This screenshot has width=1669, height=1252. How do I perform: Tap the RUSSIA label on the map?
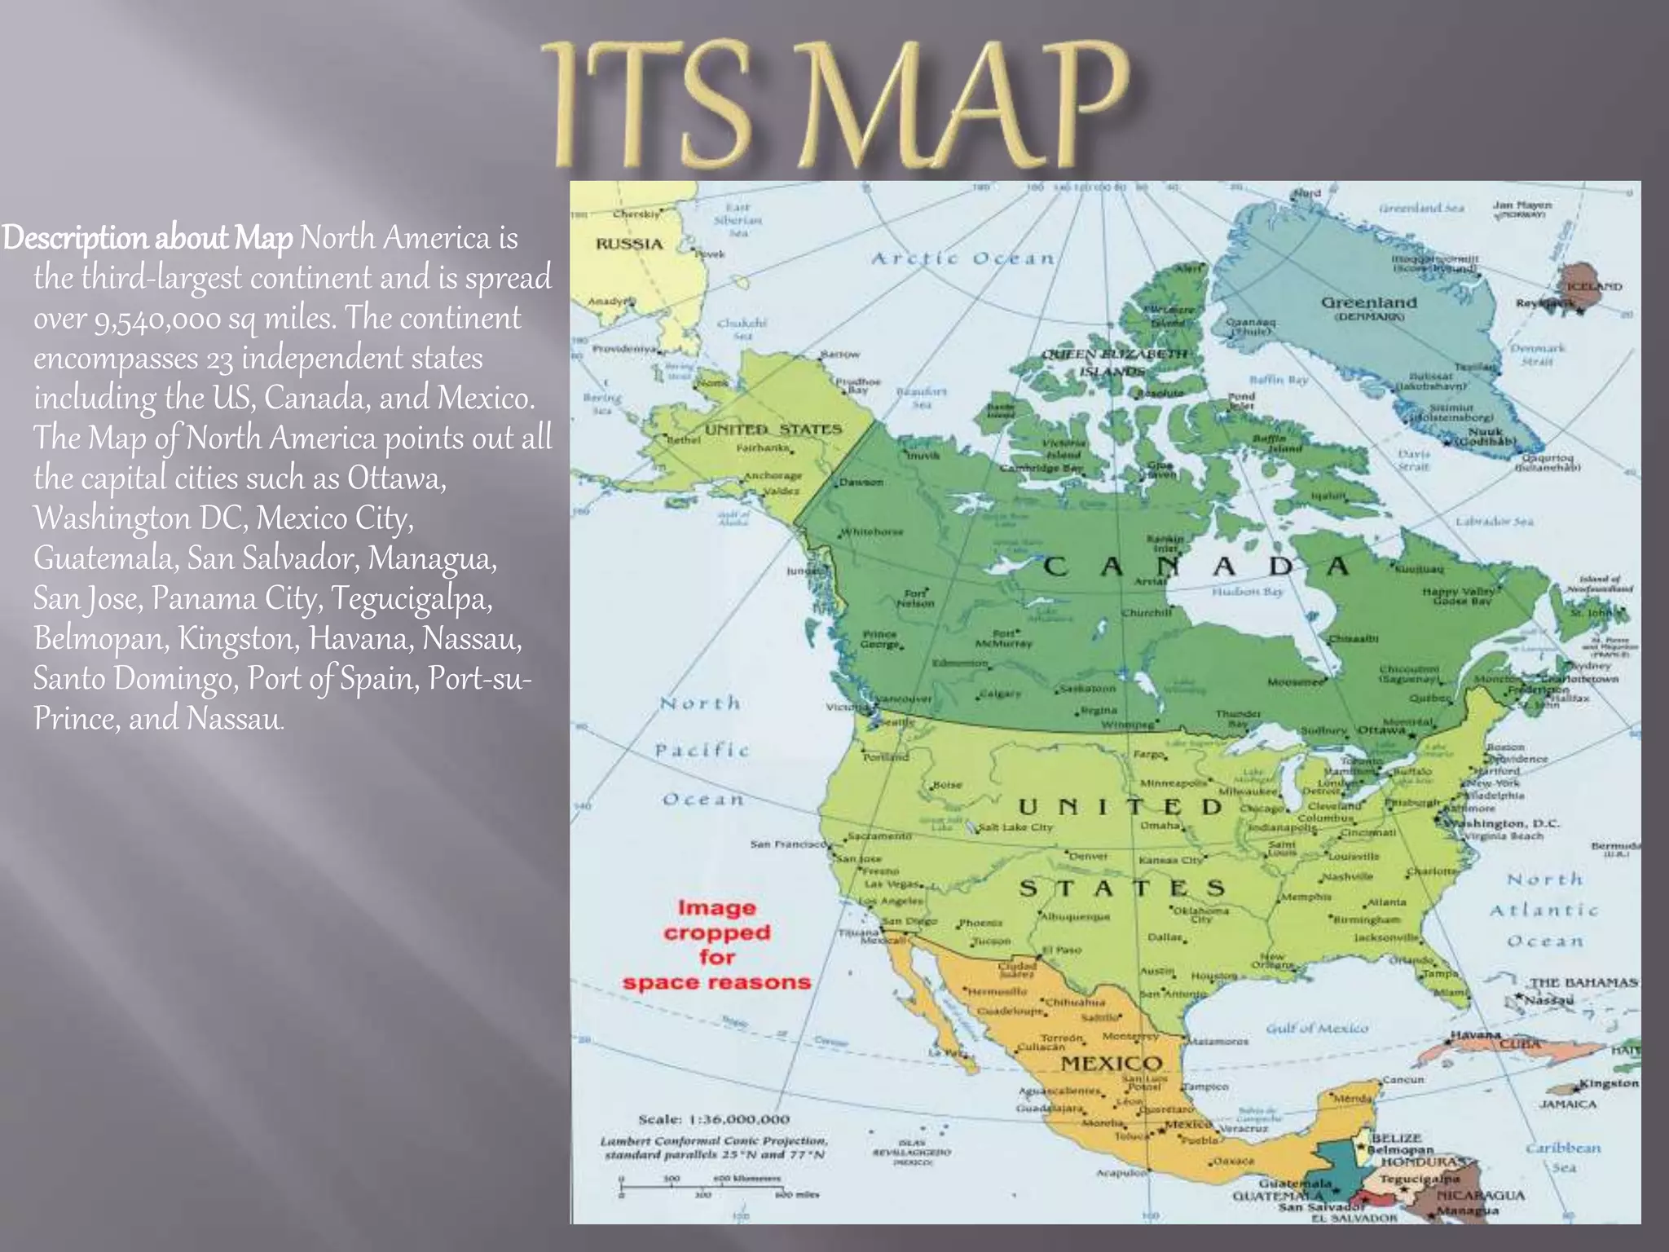628,245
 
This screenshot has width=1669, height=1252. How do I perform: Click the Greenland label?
1368,303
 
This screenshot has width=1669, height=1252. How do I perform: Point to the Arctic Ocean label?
962,259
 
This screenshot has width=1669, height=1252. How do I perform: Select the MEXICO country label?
1111,1064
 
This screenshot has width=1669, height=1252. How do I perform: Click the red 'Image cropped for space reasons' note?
716,946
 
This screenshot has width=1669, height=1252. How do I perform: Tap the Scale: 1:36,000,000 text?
714,1119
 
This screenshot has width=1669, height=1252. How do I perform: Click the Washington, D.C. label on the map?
1503,823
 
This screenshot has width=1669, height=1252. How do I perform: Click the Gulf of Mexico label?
1317,1029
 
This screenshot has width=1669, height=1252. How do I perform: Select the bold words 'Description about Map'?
147,239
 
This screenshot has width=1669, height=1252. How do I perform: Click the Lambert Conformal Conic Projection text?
714,1140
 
